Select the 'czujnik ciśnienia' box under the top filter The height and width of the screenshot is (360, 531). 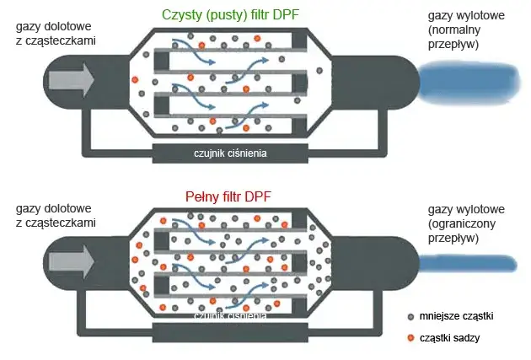click(x=228, y=153)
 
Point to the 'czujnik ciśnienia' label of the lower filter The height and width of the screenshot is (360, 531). click(x=230, y=316)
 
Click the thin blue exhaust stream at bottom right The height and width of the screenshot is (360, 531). click(x=469, y=265)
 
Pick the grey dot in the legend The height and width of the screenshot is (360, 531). click(x=410, y=316)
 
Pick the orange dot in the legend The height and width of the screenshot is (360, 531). click(x=410, y=338)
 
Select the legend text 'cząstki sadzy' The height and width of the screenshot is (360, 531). click(x=448, y=338)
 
